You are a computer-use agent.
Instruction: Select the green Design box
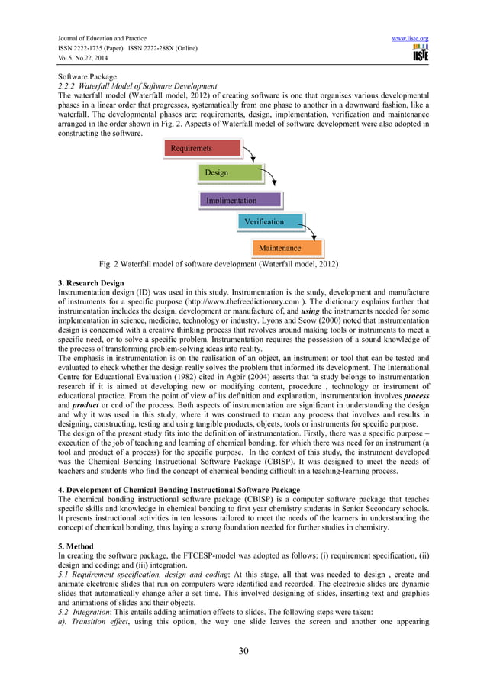[x=229, y=173]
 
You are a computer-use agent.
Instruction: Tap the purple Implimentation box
[x=242, y=200]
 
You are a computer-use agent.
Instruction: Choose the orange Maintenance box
[x=287, y=248]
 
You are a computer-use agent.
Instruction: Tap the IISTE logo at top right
[x=419, y=52]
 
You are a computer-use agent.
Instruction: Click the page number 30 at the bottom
[x=243, y=651]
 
